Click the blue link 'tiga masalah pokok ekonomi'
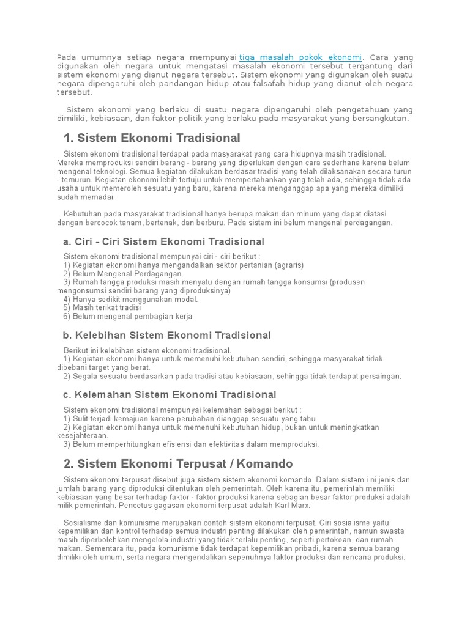tap(300, 57)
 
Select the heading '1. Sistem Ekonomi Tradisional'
tap(152, 138)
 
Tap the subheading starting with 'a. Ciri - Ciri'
tap(163, 242)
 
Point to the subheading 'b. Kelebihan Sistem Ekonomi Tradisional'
tap(166, 336)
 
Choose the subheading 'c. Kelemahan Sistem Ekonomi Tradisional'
tap(170, 395)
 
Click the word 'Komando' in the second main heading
tap(266, 464)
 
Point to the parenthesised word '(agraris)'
tap(288, 265)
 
